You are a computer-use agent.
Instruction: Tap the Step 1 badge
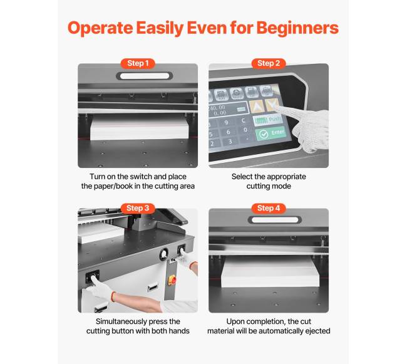click(x=138, y=63)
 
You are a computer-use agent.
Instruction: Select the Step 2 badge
click(x=269, y=63)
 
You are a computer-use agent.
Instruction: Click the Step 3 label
click(x=138, y=208)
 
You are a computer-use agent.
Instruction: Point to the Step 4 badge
click(x=269, y=208)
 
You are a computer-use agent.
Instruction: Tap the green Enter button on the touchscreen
click(x=271, y=133)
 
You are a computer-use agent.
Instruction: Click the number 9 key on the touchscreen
click(x=226, y=122)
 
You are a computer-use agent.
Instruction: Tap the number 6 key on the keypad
click(x=228, y=132)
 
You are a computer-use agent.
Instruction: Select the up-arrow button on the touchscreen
click(x=256, y=107)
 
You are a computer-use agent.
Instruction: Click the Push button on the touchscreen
click(x=267, y=120)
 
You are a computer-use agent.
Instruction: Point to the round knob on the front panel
click(x=164, y=254)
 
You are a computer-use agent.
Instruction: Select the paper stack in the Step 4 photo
click(x=270, y=271)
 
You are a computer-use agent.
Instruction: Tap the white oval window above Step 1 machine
click(x=145, y=76)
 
